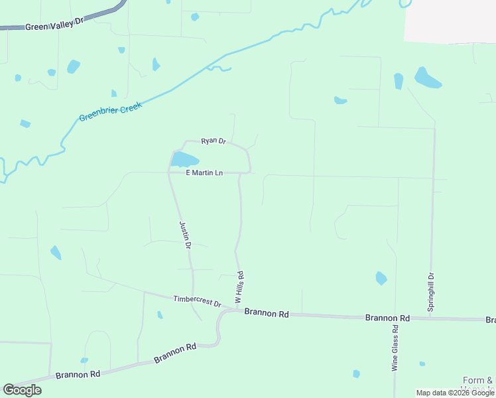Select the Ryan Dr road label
tap(214, 141)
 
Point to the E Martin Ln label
tap(204, 173)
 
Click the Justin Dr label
tap(186, 235)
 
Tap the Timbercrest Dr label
tap(197, 300)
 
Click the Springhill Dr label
tap(431, 293)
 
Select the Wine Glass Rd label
tap(395, 348)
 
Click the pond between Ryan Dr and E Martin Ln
tap(184, 160)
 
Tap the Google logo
tap(22, 389)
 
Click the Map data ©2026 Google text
tap(455, 393)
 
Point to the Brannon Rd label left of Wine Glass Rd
tap(387, 318)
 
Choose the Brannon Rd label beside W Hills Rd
tap(266, 313)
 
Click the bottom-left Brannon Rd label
tap(77, 374)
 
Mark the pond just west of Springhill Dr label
tap(381, 278)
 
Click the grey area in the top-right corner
tap(451, 20)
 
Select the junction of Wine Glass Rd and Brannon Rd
tap(396, 318)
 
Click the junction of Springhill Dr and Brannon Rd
tap(431, 318)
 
